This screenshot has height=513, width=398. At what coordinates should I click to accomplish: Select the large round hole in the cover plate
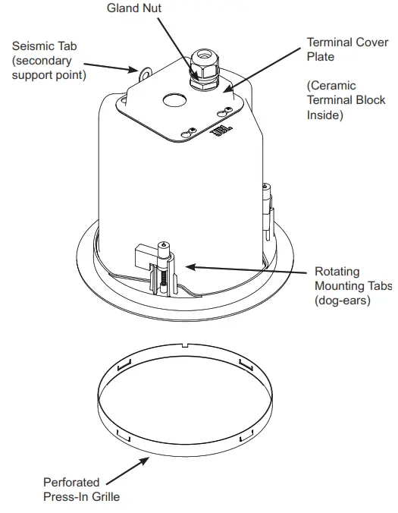point(174,100)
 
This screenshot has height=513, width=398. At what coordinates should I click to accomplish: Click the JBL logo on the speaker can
point(218,132)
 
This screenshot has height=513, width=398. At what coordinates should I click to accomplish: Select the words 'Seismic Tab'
point(44,47)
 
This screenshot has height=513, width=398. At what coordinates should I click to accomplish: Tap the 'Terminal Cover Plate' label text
point(340,49)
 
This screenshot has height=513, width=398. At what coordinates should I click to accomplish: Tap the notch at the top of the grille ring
point(186,347)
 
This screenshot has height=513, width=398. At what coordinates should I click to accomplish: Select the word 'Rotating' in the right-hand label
point(338,272)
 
